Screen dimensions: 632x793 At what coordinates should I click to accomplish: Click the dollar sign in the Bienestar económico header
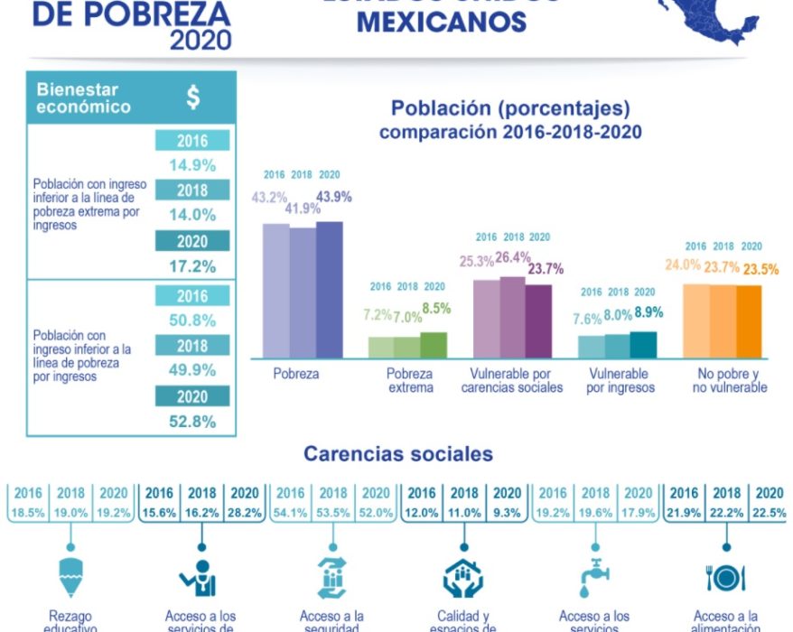193,98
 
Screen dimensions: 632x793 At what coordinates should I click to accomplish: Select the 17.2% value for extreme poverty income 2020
192,266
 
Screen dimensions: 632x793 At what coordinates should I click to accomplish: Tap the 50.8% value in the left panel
192,321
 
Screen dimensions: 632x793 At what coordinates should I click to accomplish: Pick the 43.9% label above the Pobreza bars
333,197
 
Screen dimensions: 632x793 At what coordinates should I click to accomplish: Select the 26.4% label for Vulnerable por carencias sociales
513,257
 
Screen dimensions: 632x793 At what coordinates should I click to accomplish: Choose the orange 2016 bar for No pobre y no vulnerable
696,321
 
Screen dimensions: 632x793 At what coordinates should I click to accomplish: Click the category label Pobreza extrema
409,380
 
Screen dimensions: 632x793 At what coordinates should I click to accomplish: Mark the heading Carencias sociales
397,453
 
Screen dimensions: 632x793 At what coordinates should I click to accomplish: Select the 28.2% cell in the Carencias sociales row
244,512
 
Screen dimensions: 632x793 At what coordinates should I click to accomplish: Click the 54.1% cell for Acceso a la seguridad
290,512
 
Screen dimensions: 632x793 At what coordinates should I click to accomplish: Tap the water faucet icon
594,578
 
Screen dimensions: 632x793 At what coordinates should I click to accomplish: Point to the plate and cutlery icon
724,578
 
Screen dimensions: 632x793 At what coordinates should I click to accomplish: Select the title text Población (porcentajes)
510,108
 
